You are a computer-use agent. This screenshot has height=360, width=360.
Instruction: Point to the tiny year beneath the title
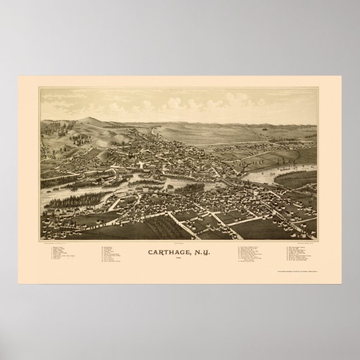(x=180, y=258)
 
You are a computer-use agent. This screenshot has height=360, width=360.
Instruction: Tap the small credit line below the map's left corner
(x=61, y=243)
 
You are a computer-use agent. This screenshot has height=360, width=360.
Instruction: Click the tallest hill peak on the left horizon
(x=86, y=119)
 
